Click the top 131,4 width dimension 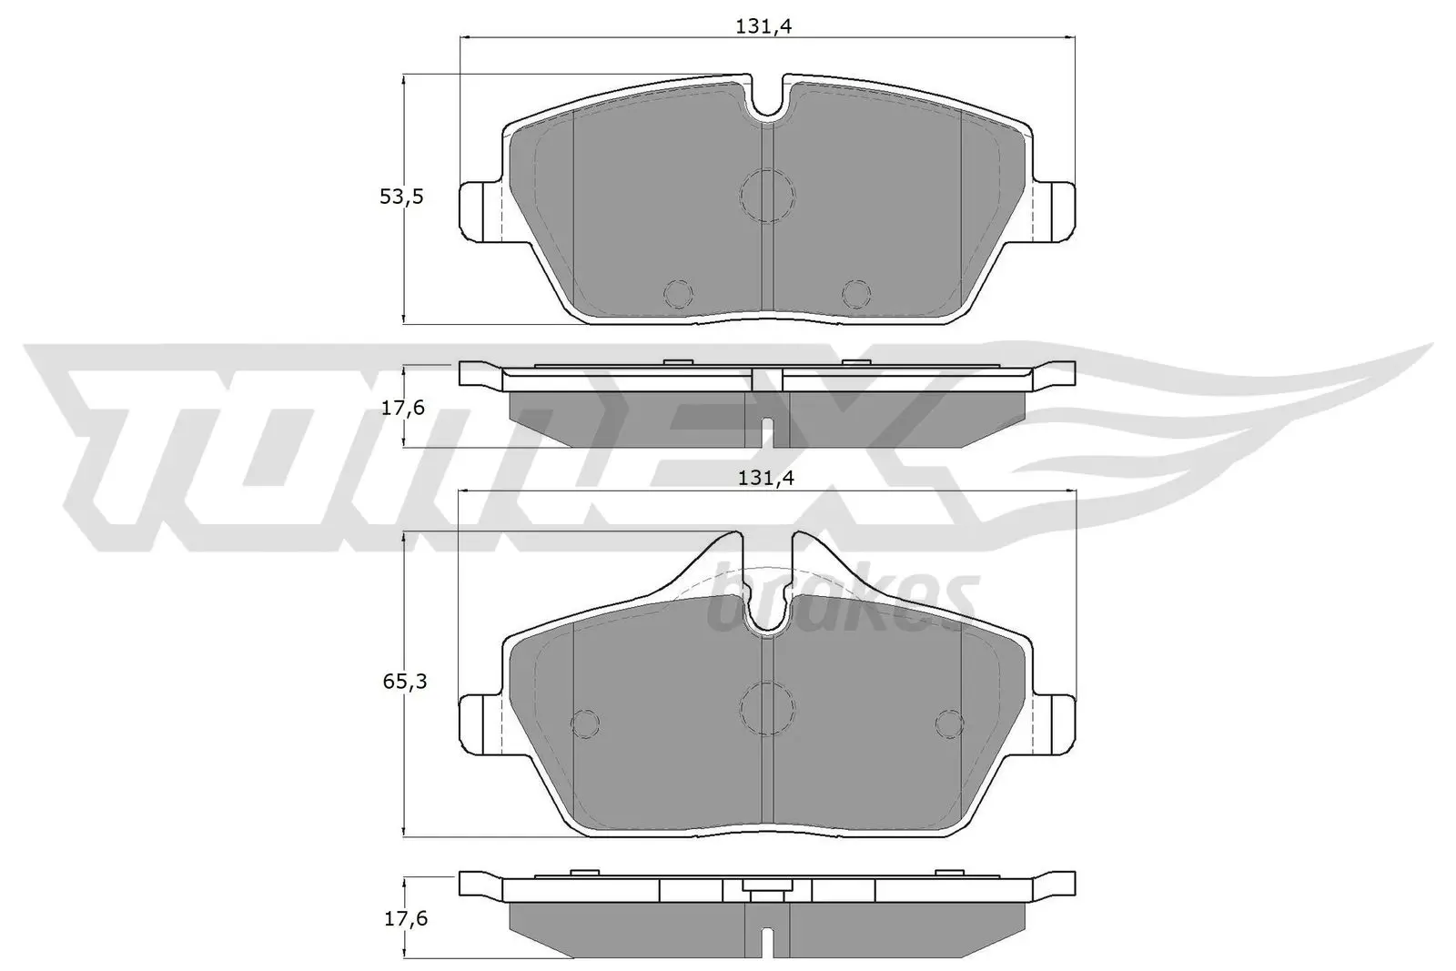[764, 27]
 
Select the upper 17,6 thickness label [402, 408]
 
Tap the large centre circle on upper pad [767, 195]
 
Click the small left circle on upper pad [678, 294]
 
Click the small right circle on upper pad [855, 294]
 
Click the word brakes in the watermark [842, 601]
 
